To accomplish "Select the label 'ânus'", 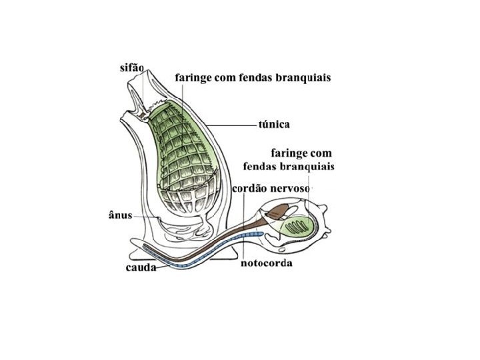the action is (x=120, y=215).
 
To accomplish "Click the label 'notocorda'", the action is (x=266, y=263).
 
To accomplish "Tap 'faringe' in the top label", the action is (x=194, y=78).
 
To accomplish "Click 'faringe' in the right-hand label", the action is (x=290, y=153).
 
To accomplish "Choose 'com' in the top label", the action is (x=228, y=78).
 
